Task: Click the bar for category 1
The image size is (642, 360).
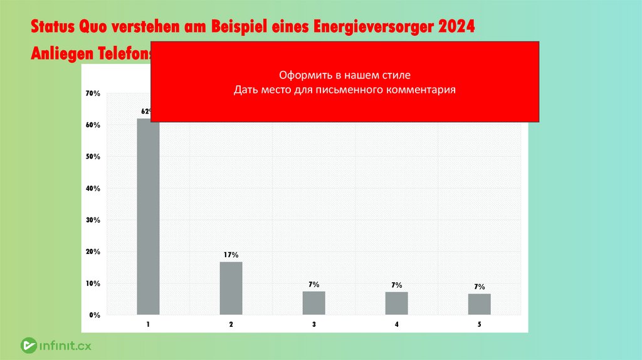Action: (x=149, y=216)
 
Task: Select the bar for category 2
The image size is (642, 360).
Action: (x=231, y=288)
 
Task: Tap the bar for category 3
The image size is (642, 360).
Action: (x=313, y=303)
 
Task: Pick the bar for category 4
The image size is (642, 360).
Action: (x=396, y=304)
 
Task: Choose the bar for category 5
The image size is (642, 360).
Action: (x=480, y=304)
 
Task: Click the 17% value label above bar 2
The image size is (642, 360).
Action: (x=231, y=255)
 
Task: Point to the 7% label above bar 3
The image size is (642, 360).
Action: (x=313, y=285)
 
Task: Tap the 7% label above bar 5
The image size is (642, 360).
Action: (x=480, y=287)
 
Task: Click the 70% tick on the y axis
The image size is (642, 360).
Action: (x=93, y=93)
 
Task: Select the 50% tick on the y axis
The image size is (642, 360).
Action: (x=93, y=157)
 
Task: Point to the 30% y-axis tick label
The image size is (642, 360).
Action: (x=93, y=220)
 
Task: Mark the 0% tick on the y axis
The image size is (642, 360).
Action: (x=95, y=315)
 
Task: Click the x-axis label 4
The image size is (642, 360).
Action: (x=397, y=324)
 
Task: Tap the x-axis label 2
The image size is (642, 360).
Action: (x=231, y=324)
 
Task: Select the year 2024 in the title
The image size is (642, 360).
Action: (x=456, y=28)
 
